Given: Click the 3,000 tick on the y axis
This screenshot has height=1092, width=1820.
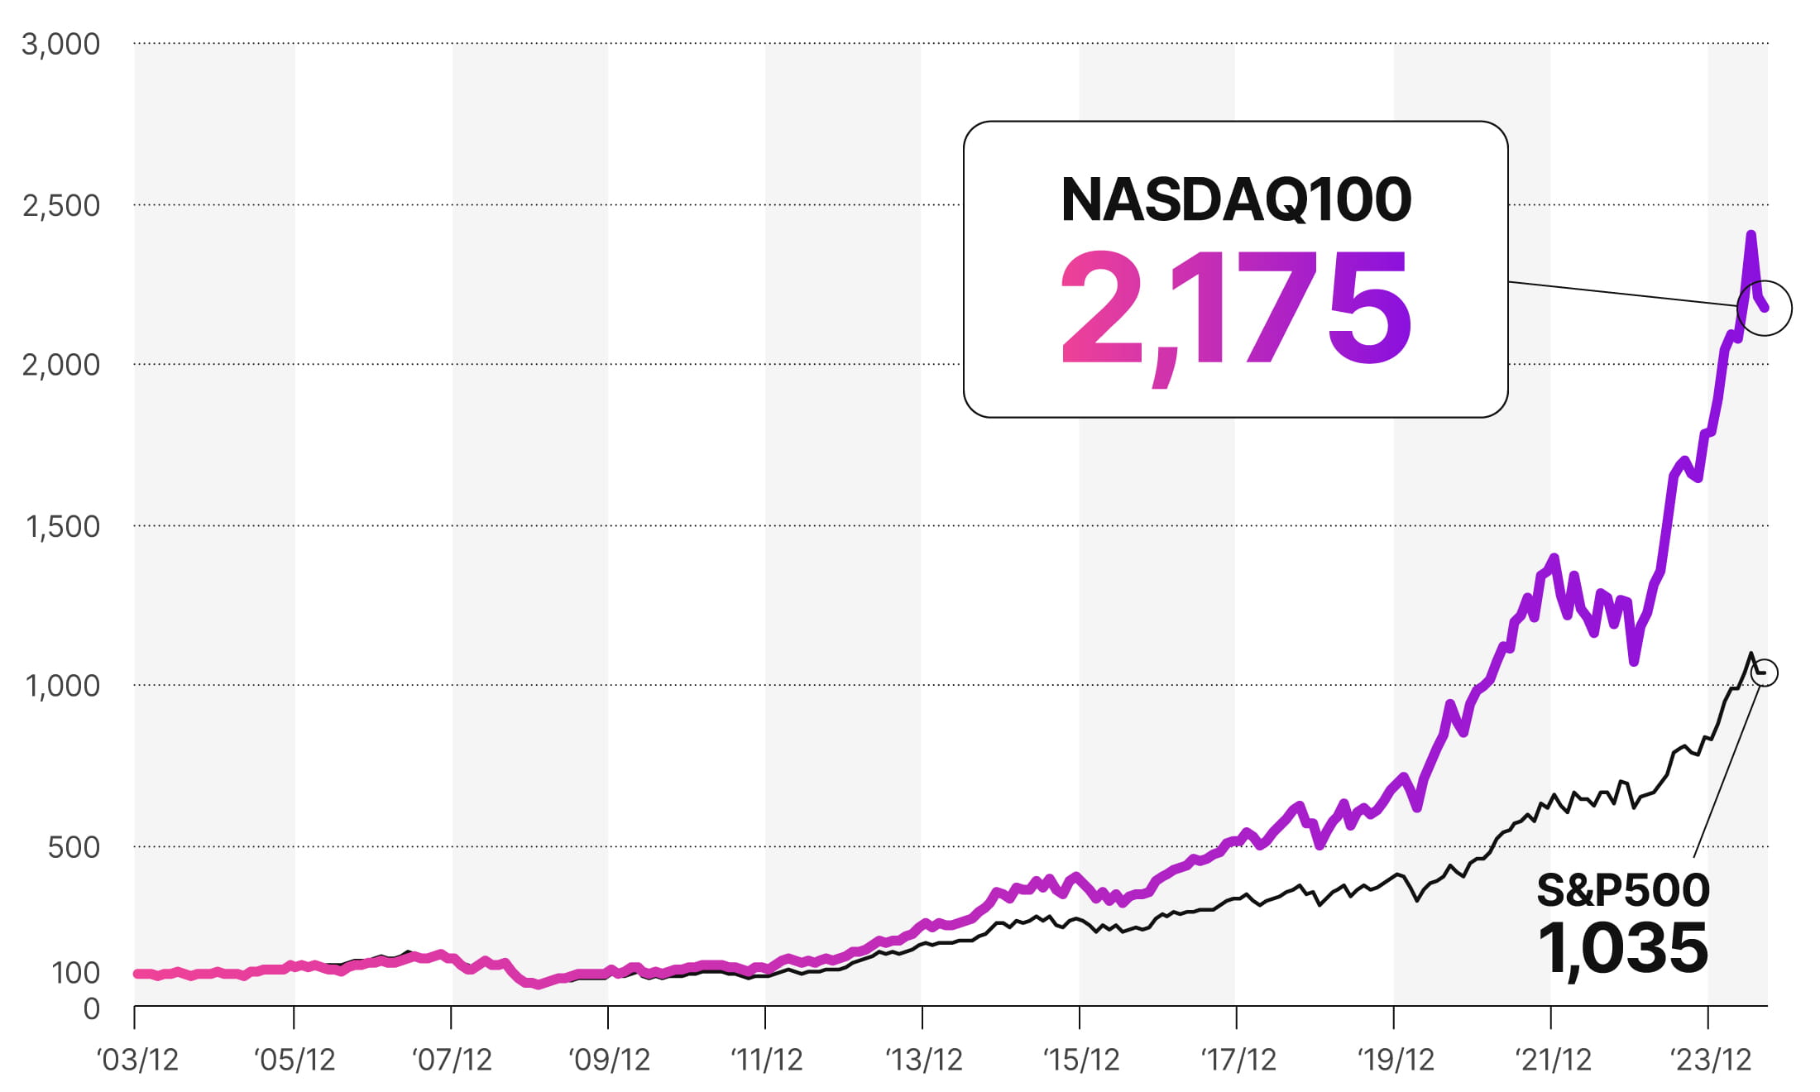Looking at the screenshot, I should pyautogui.click(x=60, y=44).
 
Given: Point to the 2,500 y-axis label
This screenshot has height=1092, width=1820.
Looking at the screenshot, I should pyautogui.click(x=60, y=205).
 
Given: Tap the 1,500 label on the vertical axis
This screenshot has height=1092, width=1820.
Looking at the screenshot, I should pyautogui.click(x=62, y=526).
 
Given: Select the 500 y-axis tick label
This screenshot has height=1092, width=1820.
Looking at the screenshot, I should pyautogui.click(x=74, y=847).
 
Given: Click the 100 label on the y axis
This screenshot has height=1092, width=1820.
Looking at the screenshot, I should pyautogui.click(x=75, y=973).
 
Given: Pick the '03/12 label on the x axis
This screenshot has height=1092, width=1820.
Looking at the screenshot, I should pyautogui.click(x=137, y=1060).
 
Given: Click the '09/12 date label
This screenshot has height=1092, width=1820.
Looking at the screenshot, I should pyautogui.click(x=609, y=1060).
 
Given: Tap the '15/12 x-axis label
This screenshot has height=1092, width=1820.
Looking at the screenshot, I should pyautogui.click(x=1080, y=1060).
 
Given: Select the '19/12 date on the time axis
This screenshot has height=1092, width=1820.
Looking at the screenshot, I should pyautogui.click(x=1396, y=1060).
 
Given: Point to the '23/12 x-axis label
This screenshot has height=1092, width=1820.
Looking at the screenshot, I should pyautogui.click(x=1710, y=1060).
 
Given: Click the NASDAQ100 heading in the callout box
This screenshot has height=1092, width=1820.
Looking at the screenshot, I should pyautogui.click(x=1236, y=199).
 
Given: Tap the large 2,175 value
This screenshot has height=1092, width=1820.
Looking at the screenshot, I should pyautogui.click(x=1236, y=311).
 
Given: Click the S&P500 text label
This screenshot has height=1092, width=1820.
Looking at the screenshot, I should pyautogui.click(x=1623, y=890).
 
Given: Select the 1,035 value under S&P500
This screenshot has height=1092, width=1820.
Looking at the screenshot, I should pyautogui.click(x=1623, y=948).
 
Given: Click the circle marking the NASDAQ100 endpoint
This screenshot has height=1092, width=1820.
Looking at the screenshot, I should pyautogui.click(x=1765, y=308).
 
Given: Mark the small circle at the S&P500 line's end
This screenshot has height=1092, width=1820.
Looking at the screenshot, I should pyautogui.click(x=1765, y=672).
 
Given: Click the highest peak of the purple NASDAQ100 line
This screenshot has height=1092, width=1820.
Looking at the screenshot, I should pyautogui.click(x=1751, y=235).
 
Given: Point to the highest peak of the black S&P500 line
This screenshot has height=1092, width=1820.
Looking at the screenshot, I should pyautogui.click(x=1751, y=654).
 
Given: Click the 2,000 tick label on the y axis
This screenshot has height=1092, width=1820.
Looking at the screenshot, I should pyautogui.click(x=60, y=365).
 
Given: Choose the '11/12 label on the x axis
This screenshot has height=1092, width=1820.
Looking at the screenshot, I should pyautogui.click(x=766, y=1060).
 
